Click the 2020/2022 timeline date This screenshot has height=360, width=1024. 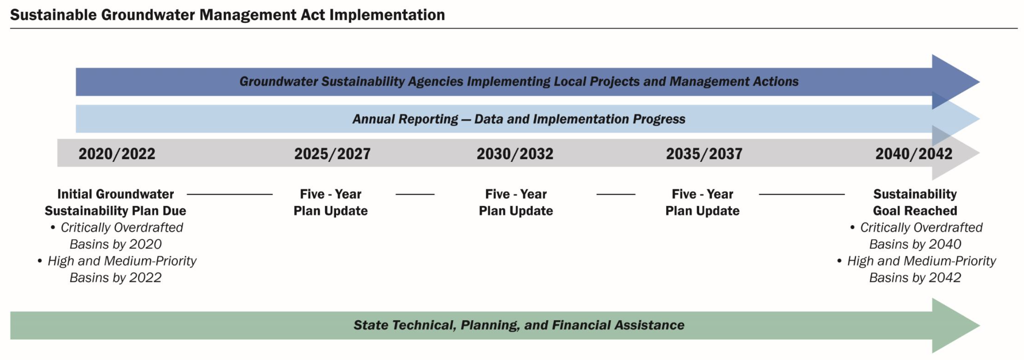click(x=117, y=154)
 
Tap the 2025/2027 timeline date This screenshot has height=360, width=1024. click(x=332, y=154)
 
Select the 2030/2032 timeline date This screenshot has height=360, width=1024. click(x=515, y=154)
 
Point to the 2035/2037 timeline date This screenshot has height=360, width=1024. click(x=704, y=154)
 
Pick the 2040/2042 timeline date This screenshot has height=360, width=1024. click(x=914, y=154)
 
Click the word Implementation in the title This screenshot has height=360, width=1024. click(x=387, y=15)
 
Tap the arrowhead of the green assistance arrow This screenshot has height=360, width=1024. click(x=956, y=326)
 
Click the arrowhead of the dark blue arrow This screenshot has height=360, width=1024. click(x=956, y=82)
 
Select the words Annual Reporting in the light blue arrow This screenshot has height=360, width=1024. click(x=405, y=119)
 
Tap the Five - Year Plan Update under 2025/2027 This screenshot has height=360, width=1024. click(x=330, y=202)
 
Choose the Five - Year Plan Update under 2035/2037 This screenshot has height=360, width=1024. click(x=702, y=202)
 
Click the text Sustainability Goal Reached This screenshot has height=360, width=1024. click(x=915, y=202)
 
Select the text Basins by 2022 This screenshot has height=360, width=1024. click(x=116, y=278)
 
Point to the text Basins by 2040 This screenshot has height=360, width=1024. click(x=915, y=244)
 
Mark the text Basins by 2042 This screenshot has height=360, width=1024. click(x=915, y=278)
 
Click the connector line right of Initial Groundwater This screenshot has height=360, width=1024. click(x=230, y=194)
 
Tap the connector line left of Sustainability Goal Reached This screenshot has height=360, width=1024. click(x=802, y=194)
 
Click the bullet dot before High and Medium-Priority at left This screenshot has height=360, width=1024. click(x=40, y=261)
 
